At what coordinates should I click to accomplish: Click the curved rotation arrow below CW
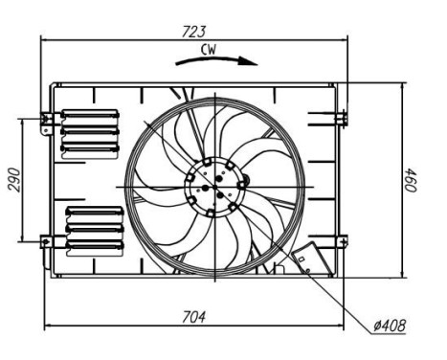[216, 60]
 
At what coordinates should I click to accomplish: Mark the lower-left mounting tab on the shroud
[46, 242]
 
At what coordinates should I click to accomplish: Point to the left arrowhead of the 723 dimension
[44, 40]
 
